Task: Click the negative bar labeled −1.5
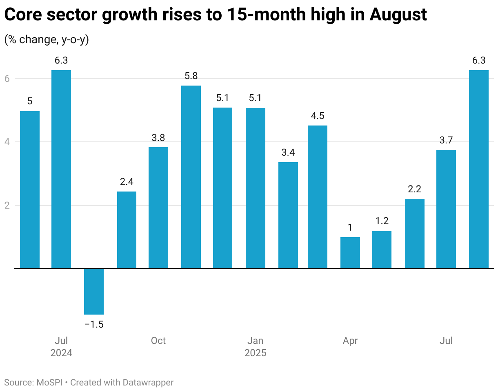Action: pyautogui.click(x=94, y=291)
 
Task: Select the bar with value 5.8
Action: pyautogui.click(x=191, y=177)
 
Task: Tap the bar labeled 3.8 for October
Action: pyautogui.click(x=158, y=207)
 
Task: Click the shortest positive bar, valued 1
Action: pyautogui.click(x=350, y=253)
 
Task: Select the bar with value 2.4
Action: pyautogui.click(x=127, y=230)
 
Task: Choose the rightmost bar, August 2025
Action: pyautogui.click(x=479, y=169)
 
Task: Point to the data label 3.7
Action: pyautogui.click(x=446, y=141)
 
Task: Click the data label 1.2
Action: pyautogui.click(x=382, y=221)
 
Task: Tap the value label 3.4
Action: pyautogui.click(x=288, y=153)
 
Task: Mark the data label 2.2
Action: pyautogui.click(x=414, y=189)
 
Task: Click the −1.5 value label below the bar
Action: pyautogui.click(x=94, y=325)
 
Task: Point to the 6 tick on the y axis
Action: pyautogui.click(x=7, y=79)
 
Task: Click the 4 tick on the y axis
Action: pyautogui.click(x=7, y=142)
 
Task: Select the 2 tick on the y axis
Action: pyautogui.click(x=7, y=205)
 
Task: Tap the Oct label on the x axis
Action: pyautogui.click(x=158, y=341)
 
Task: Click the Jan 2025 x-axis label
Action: pyautogui.click(x=256, y=346)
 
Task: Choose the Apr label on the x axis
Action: pyautogui.click(x=350, y=341)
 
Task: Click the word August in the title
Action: pyautogui.click(x=398, y=15)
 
